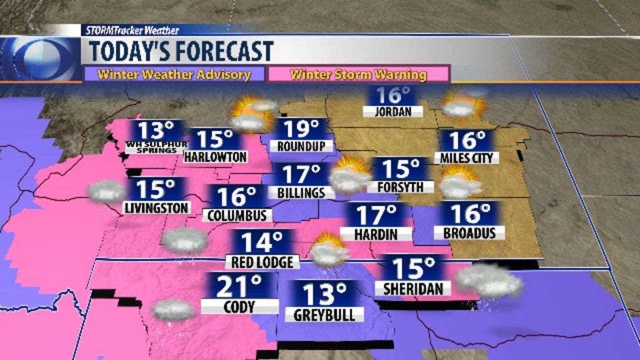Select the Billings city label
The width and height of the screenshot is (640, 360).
click(x=301, y=193)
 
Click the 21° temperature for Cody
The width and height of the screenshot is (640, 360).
click(x=241, y=287)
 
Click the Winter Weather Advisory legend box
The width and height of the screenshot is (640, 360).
click(x=174, y=74)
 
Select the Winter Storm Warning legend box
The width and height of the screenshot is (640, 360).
click(x=359, y=74)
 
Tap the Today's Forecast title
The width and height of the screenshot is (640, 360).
click(x=181, y=51)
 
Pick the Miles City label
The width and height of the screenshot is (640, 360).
click(x=467, y=158)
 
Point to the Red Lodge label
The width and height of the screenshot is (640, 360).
click(x=263, y=261)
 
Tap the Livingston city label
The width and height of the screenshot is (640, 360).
click(x=157, y=208)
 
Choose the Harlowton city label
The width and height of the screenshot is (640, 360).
click(x=215, y=157)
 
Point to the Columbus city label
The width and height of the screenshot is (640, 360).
click(x=237, y=216)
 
